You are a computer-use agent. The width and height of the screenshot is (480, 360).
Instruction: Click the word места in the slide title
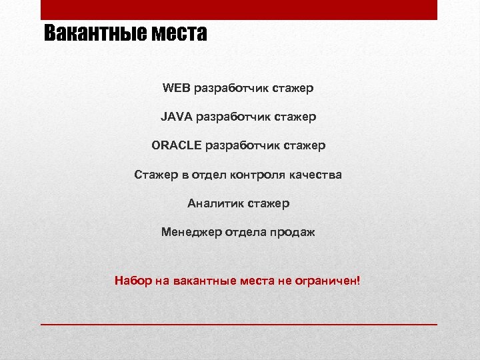coord(181,33)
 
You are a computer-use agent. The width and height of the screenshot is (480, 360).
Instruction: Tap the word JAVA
coord(176,117)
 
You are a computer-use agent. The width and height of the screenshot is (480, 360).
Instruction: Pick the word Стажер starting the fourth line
coord(155,175)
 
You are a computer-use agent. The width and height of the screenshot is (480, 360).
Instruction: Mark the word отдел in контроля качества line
coord(209,175)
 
